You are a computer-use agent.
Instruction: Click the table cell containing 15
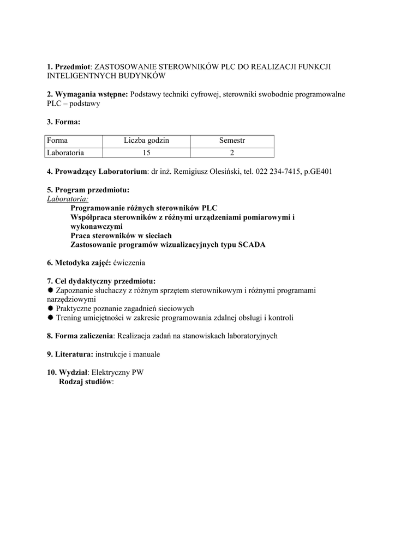pyautogui.click(x=146, y=152)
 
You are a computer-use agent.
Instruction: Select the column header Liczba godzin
pyautogui.click(x=146, y=141)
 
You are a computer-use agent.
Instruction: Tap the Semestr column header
pyautogui.click(x=232, y=141)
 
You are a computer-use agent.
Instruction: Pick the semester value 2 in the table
pyautogui.click(x=232, y=152)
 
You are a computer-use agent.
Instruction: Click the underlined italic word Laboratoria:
pyautogui.click(x=68, y=199)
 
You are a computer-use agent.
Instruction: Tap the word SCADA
pyautogui.click(x=252, y=245)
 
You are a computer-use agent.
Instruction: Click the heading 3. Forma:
pyautogui.click(x=63, y=122)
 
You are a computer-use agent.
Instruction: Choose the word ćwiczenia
pyautogui.click(x=129, y=263)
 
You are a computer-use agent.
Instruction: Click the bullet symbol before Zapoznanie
pyautogui.click(x=50, y=290)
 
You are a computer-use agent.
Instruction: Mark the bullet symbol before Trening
pyautogui.click(x=50, y=318)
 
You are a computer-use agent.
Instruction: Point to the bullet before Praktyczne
pyautogui.click(x=50, y=308)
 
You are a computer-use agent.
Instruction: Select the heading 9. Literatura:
pyautogui.click(x=70, y=354)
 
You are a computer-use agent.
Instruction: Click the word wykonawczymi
pyautogui.click(x=97, y=226)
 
